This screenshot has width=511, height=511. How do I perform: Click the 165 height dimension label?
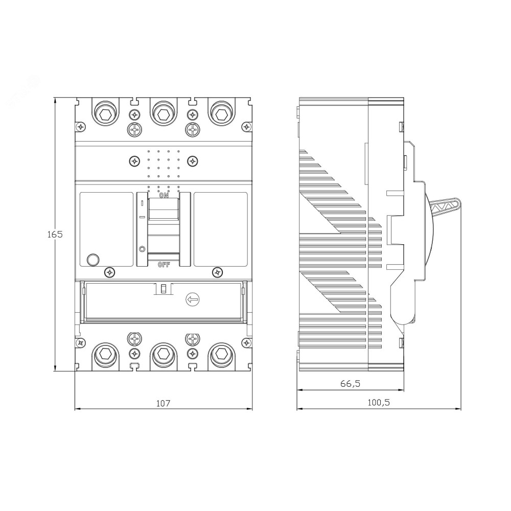pos(55,234)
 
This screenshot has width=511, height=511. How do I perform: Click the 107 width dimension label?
pos(164,403)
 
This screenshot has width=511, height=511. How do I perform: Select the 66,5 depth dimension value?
pos(351,384)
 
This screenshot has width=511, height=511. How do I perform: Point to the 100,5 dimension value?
pos(379,403)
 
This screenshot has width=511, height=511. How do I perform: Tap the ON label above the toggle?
pos(164,196)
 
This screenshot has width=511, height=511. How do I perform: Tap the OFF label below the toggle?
pos(164,265)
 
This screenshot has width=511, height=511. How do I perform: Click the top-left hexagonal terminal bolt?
pos(105,114)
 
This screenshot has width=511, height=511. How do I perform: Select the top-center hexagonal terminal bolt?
pos(164,114)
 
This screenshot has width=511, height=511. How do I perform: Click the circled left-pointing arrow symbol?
pos(193,299)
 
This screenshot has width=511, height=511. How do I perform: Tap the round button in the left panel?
pos(93,260)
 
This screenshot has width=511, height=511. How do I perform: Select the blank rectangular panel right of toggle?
pos(221,229)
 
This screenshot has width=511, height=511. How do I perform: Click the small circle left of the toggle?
pos(142,249)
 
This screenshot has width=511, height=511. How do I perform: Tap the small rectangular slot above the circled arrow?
pos(164,289)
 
